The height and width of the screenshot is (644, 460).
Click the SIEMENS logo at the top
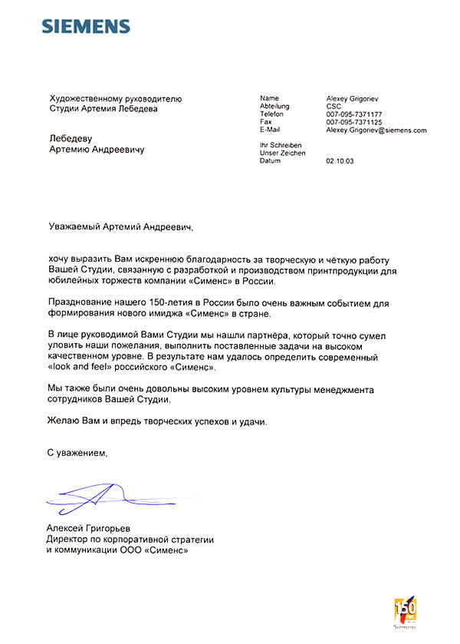[x=85, y=27]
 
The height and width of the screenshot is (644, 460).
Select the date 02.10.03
[x=340, y=161]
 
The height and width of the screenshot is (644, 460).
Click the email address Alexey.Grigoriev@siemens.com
[x=376, y=130]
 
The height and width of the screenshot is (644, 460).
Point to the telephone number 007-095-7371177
[x=354, y=114]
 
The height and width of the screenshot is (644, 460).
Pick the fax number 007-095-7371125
[x=354, y=122]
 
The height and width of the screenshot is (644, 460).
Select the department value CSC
[x=334, y=106]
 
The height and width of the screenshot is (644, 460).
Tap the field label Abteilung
[x=275, y=106]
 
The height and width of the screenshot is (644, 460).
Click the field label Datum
[x=271, y=161]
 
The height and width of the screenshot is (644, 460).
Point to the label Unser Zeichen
[x=283, y=154]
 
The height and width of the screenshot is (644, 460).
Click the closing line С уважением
[x=78, y=454]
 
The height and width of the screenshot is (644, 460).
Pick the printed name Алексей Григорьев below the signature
[x=88, y=530]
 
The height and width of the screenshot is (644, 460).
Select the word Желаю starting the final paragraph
[x=64, y=421]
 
